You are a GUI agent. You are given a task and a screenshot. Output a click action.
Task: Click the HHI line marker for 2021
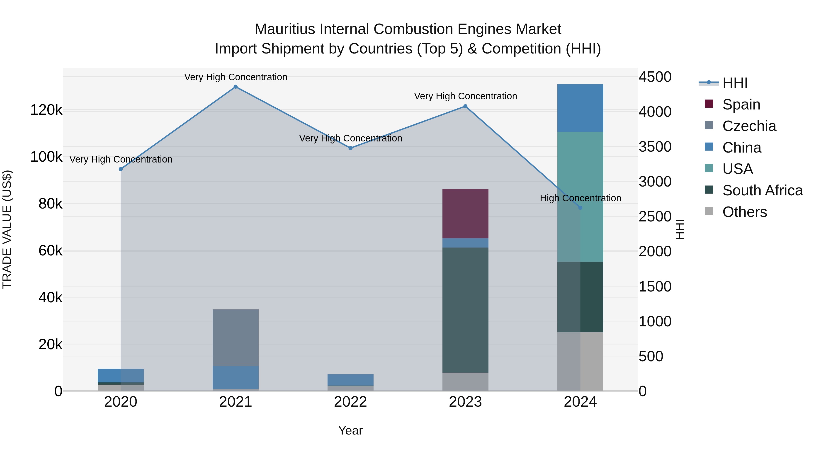(x=235, y=87)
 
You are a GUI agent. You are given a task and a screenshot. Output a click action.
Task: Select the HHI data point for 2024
(x=580, y=208)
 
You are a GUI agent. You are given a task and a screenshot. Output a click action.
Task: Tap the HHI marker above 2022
(x=350, y=148)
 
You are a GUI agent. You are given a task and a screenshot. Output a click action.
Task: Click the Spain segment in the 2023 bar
(x=465, y=214)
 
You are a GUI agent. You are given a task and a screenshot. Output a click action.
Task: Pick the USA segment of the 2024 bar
(x=580, y=196)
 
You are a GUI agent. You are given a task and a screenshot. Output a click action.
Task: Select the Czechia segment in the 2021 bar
(x=235, y=337)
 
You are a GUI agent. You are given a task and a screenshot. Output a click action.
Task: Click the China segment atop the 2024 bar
(x=580, y=108)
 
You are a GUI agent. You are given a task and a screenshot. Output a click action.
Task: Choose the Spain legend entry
(x=741, y=104)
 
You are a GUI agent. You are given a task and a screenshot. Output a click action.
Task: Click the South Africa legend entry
(x=762, y=190)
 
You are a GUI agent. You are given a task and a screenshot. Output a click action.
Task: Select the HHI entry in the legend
(x=735, y=83)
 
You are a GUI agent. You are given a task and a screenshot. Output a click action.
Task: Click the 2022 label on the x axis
(x=350, y=402)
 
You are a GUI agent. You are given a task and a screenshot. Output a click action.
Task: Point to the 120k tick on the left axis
(x=46, y=110)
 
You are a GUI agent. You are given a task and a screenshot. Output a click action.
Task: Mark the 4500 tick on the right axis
(x=654, y=77)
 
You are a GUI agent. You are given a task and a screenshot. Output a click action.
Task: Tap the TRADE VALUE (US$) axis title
(x=7, y=229)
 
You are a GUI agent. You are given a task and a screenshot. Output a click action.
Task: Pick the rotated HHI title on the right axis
(x=680, y=229)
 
